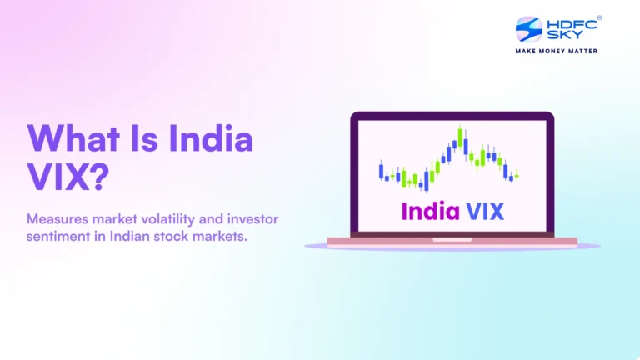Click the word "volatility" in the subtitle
point(173,218)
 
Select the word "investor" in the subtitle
point(254,218)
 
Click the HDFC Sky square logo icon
point(529,30)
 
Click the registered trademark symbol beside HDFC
point(599,17)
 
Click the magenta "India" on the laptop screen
point(429,211)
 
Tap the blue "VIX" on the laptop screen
point(483,211)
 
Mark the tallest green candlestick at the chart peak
point(460,137)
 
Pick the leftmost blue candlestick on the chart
point(382,172)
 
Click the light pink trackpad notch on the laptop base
point(452,239)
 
